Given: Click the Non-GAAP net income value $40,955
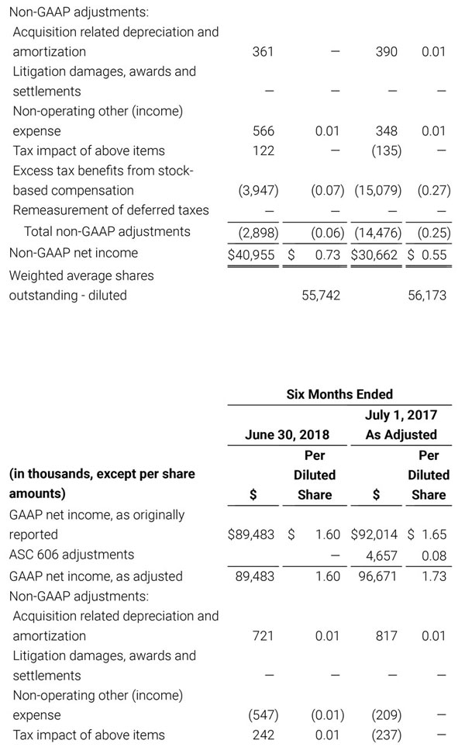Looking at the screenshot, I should point(251,254).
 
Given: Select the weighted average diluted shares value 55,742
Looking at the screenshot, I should point(320,296).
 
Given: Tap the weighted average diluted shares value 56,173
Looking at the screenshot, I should point(426,296).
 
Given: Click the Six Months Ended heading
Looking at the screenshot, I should point(339,394).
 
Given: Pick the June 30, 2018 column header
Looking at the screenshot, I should point(287,434).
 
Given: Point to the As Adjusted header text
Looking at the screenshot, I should point(401,434).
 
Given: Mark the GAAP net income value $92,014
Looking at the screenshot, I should point(376,534).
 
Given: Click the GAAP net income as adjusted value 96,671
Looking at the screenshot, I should point(377,576).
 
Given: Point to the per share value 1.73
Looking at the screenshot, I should point(433,576).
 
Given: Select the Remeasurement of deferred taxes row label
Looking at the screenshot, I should point(111,210).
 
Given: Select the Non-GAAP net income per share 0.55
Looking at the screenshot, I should point(432,254).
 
